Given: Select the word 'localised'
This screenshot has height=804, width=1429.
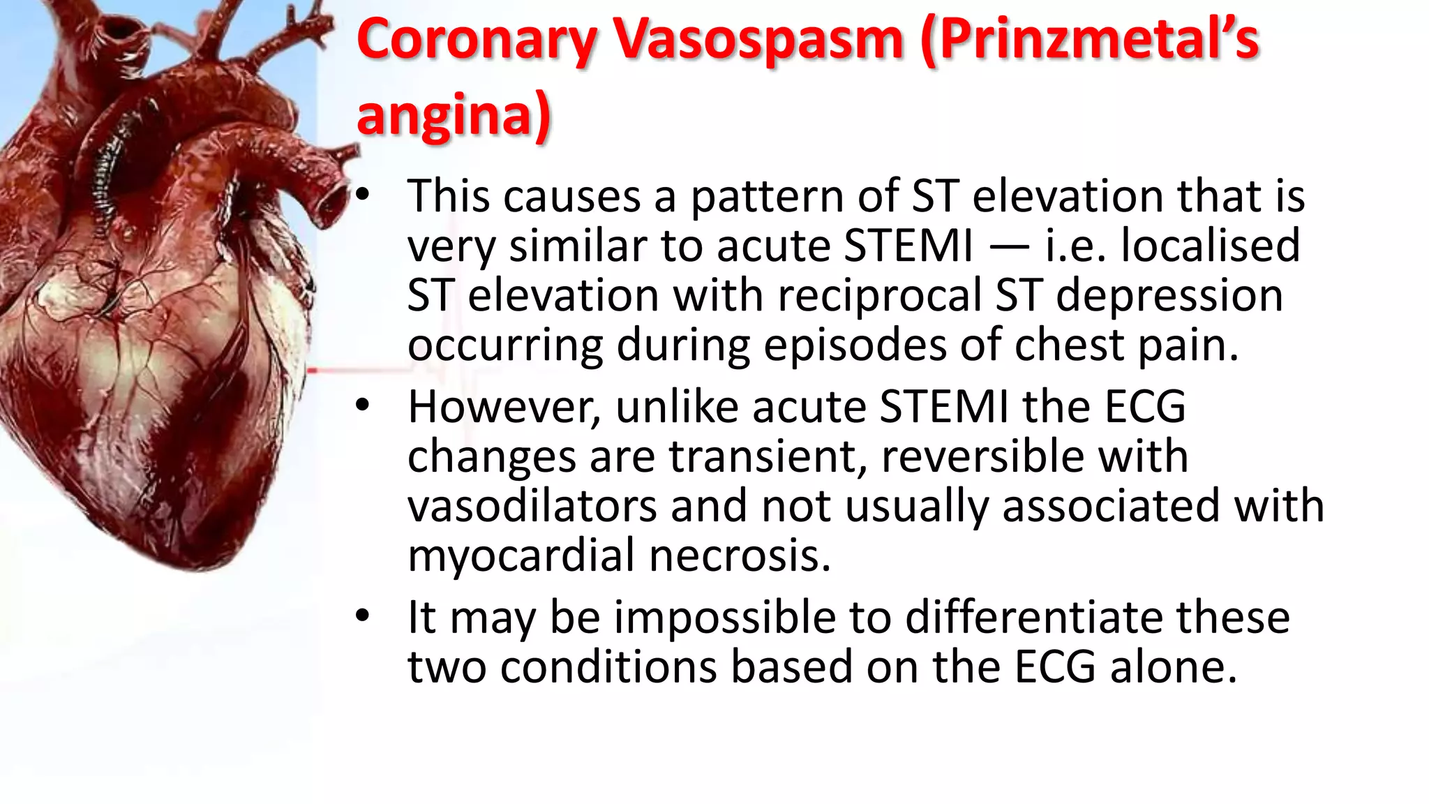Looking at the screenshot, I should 1210,246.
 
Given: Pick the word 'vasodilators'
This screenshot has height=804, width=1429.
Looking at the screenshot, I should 532,505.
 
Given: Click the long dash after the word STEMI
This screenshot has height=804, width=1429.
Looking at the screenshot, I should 1008,247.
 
